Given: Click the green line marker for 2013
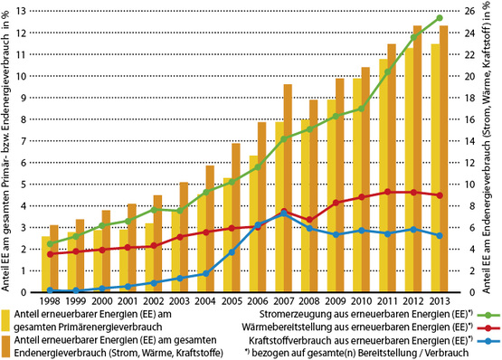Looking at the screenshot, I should [438, 18].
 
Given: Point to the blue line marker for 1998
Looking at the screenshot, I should [50, 289].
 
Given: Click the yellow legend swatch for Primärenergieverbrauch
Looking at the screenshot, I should [6, 318].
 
